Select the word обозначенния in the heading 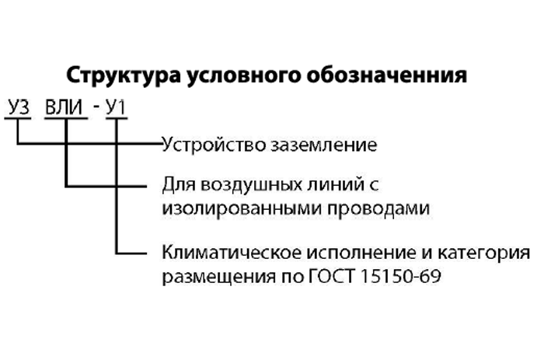click(386, 75)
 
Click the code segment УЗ click(19, 107)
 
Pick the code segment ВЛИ click(65, 107)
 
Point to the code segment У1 click(116, 107)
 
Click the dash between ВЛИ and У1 click(96, 107)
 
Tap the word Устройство click(214, 145)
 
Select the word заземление click(324, 145)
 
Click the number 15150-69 click(401, 276)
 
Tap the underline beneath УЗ click(18, 119)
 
